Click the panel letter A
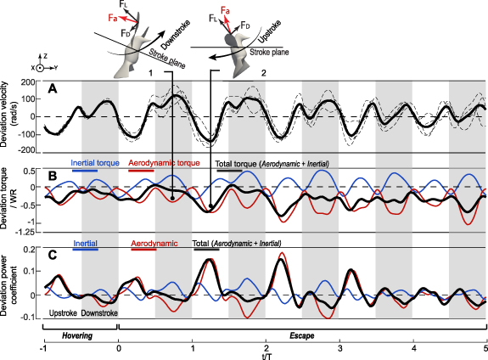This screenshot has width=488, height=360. [x=53, y=89]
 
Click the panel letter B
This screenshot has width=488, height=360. [x=53, y=177]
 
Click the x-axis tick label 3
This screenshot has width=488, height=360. [x=339, y=349]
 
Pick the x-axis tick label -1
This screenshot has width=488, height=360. [x=42, y=349]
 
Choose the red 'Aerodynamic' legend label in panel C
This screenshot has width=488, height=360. [x=150, y=243]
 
